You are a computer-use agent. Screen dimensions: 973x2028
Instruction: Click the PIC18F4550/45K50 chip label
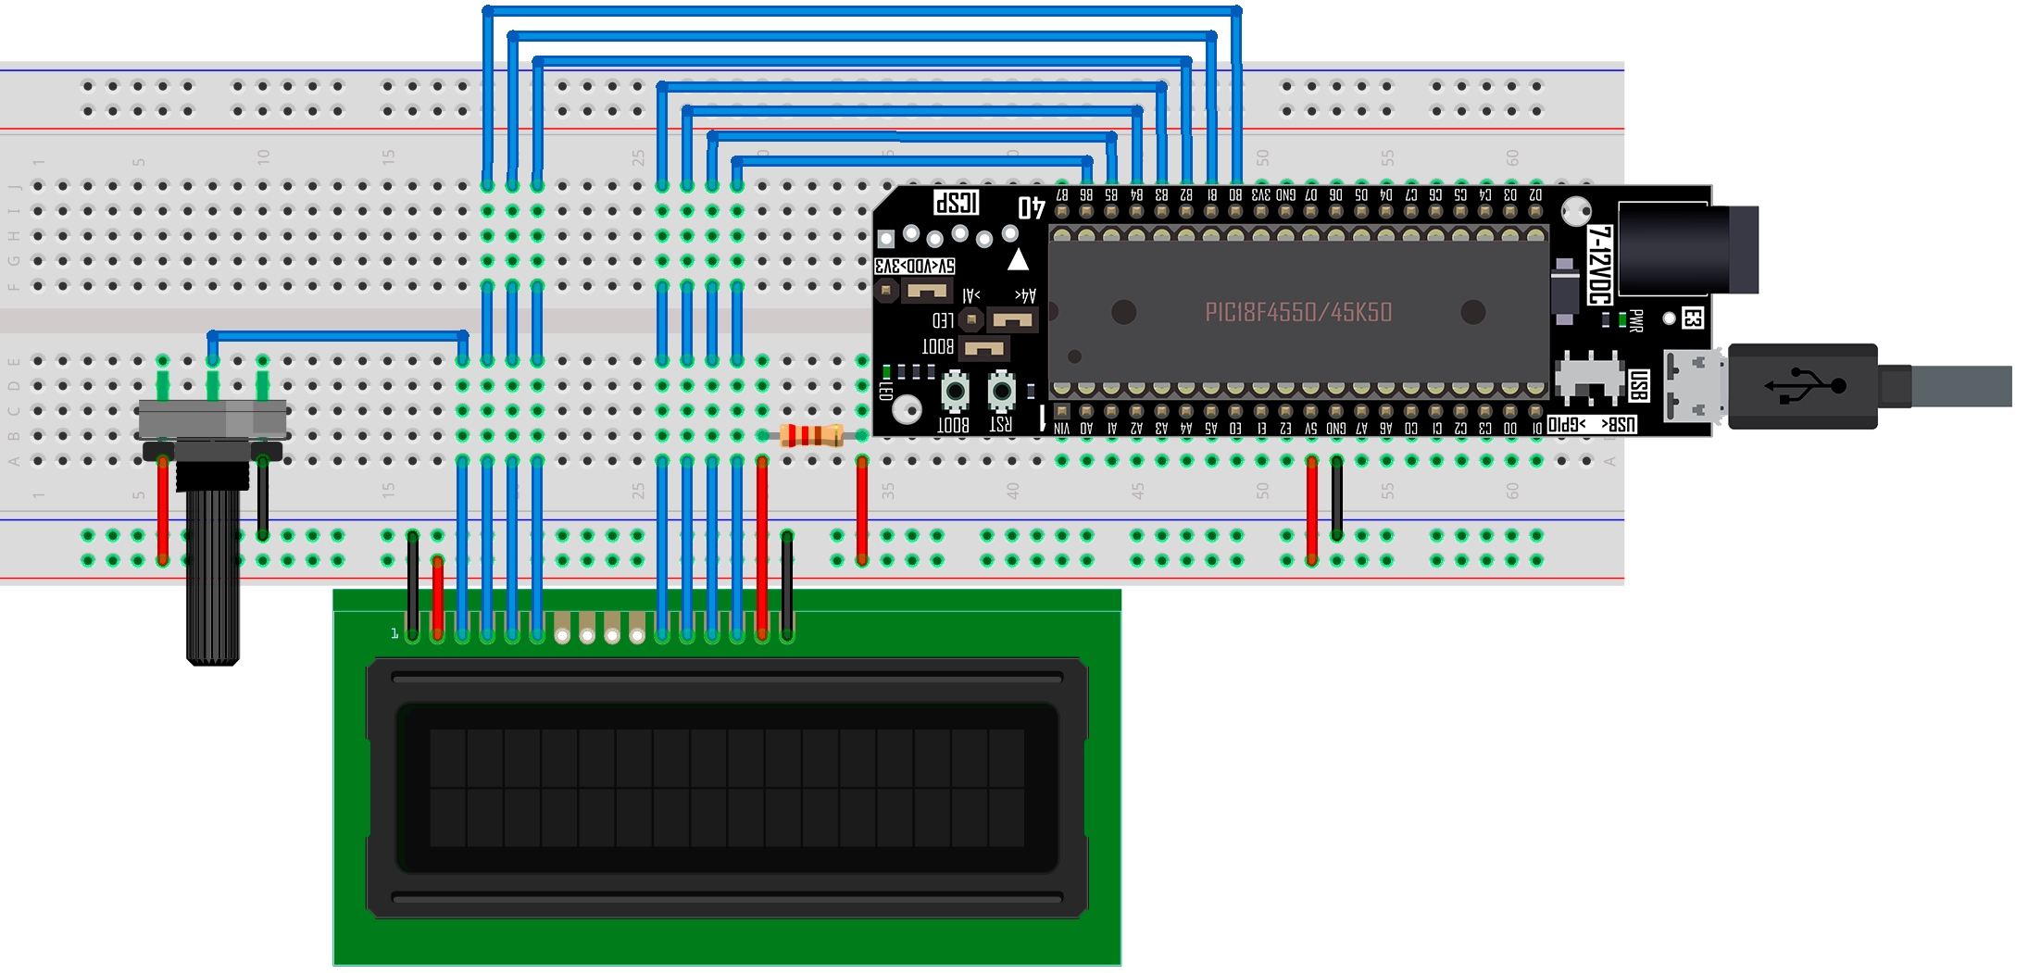click(1298, 313)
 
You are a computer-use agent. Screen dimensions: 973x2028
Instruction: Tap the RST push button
click(1001, 392)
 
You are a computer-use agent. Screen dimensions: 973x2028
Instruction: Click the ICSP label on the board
click(956, 203)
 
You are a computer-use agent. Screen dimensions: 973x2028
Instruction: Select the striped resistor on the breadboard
click(811, 435)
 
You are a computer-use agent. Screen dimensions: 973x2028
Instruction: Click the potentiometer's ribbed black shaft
click(213, 574)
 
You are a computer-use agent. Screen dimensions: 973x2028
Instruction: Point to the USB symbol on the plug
click(1805, 386)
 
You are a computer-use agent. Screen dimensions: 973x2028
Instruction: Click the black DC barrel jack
click(1685, 248)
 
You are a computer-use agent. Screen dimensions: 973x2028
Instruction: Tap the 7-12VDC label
click(1599, 265)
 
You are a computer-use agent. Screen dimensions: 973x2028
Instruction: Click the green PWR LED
click(1621, 320)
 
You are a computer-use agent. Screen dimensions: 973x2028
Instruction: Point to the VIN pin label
click(1062, 429)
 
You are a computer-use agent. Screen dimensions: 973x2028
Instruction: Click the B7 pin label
click(1062, 195)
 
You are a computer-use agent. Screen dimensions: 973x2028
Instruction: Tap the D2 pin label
click(1535, 195)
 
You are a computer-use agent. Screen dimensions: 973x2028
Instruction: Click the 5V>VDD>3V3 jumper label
click(915, 267)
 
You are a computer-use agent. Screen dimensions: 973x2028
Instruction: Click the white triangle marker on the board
click(1018, 260)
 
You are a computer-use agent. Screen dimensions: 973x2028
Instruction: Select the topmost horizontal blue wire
click(861, 11)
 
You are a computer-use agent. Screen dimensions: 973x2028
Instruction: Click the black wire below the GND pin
click(1337, 500)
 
